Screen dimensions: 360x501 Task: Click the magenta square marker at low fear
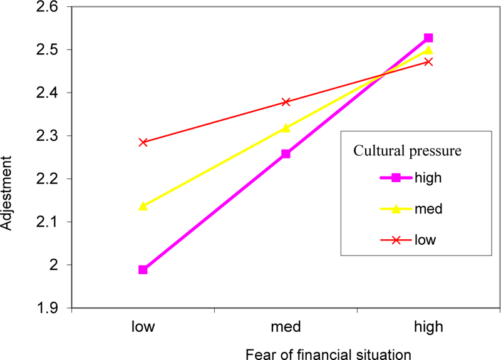point(143,270)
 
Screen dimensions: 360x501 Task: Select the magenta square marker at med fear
point(286,154)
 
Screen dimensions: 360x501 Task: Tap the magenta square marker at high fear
point(428,38)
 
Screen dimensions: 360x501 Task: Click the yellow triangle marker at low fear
point(143,206)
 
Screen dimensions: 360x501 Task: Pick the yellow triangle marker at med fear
point(286,128)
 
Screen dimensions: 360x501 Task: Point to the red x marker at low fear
point(143,142)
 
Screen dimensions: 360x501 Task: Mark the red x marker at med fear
point(286,101)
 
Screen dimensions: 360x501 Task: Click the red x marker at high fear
point(428,61)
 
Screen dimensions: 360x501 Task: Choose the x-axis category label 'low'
point(143,327)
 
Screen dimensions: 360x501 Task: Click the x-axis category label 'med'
point(286,327)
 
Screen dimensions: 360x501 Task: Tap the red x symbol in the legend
point(395,240)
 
